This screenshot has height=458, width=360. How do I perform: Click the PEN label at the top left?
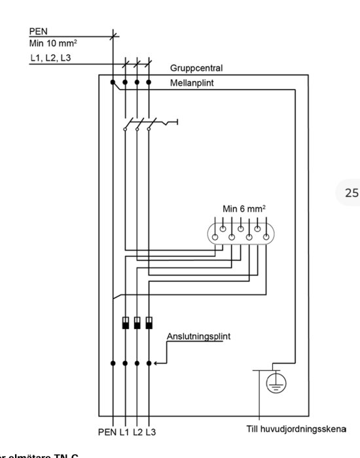(38, 31)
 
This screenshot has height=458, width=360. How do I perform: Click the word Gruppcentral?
(197, 68)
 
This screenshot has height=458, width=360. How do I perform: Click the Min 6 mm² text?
(244, 209)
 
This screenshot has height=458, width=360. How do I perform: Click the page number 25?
(351, 192)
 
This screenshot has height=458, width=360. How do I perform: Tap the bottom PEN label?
(107, 432)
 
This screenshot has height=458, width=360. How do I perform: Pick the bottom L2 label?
(137, 432)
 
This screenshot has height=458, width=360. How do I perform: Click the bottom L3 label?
(151, 432)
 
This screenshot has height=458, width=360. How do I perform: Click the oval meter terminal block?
(240, 234)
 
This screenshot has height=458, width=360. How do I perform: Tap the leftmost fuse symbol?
(125, 323)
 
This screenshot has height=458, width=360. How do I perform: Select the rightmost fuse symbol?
(149, 323)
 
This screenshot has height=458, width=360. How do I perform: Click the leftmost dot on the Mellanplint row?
(113, 83)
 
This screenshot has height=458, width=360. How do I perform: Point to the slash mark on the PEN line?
(113, 36)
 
